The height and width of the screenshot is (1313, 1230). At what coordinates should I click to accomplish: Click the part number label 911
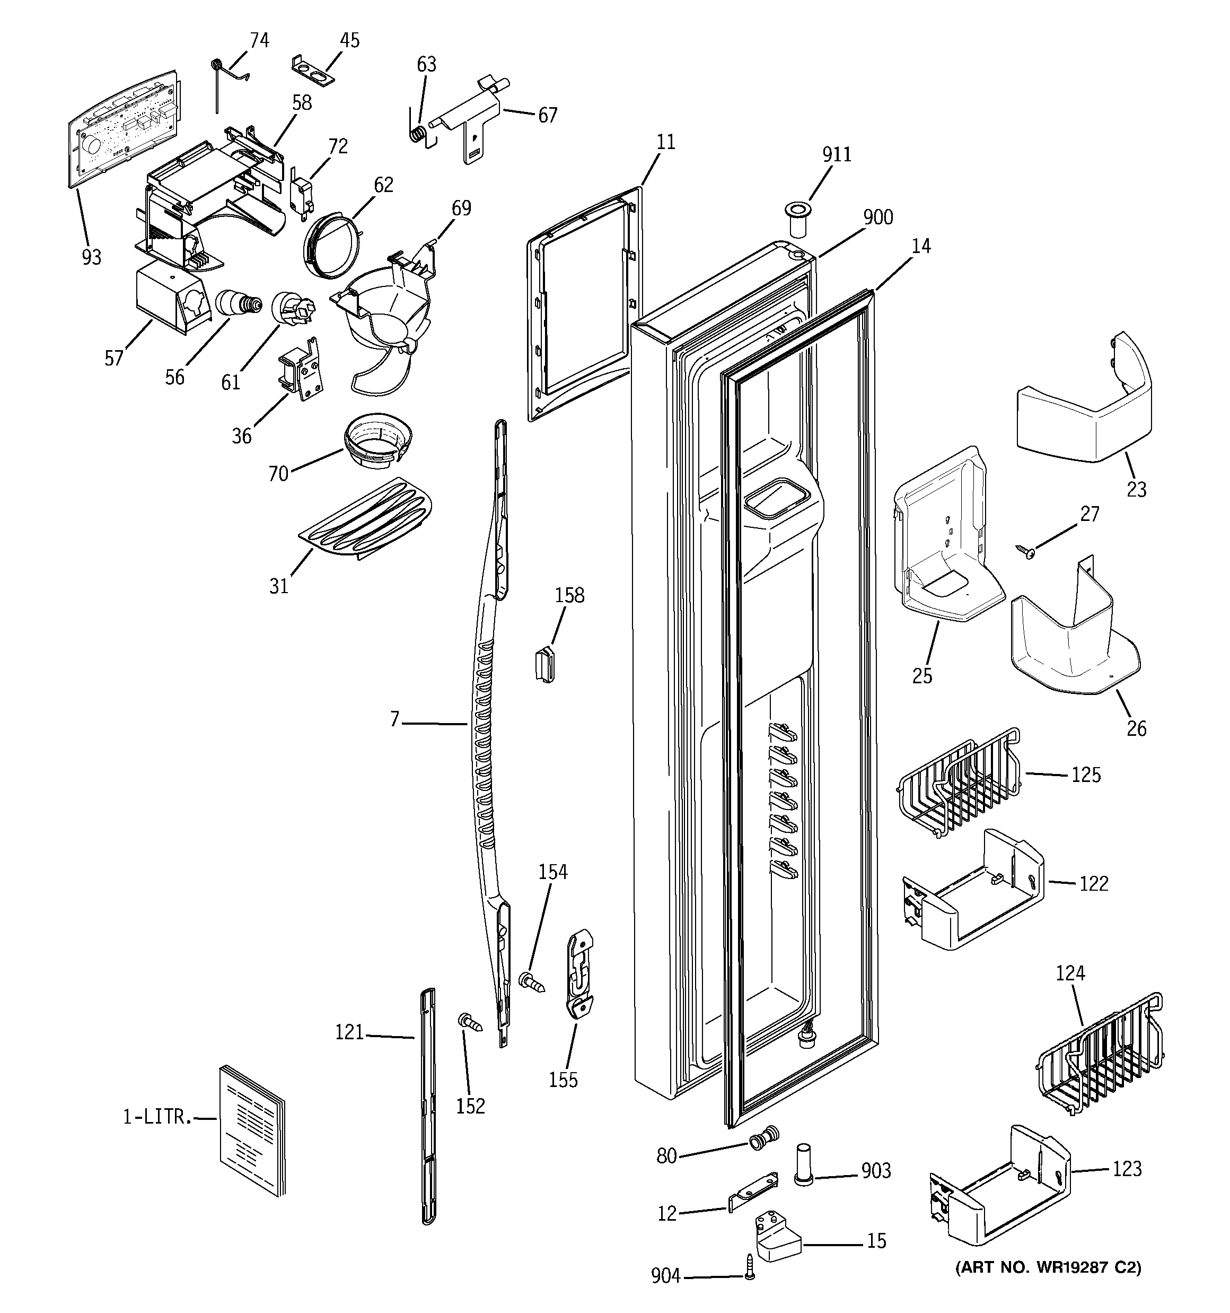(x=837, y=154)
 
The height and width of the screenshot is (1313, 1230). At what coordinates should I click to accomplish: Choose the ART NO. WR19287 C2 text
(x=1048, y=1267)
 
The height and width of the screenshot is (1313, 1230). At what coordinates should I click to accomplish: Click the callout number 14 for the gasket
(x=921, y=246)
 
